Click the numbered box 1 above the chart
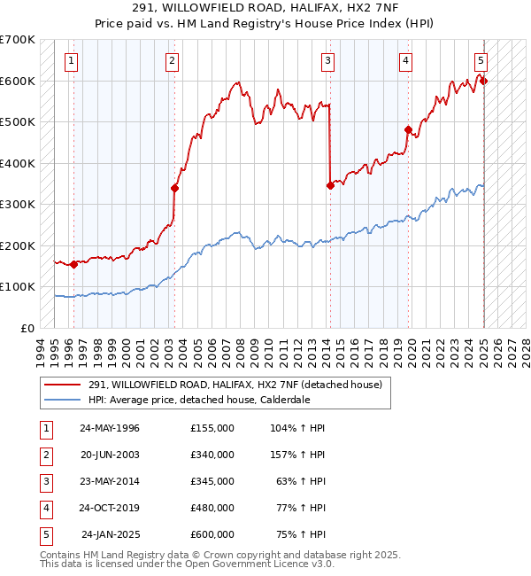pos(70,61)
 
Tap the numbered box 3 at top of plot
pos(327,61)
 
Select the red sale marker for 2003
pos(174,188)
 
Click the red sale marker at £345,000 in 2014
pos(330,185)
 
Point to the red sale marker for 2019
pos(408,130)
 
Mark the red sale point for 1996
pos(73,264)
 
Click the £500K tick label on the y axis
pos(18,121)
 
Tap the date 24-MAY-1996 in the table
pos(110,428)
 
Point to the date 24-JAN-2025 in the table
pos(111,534)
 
